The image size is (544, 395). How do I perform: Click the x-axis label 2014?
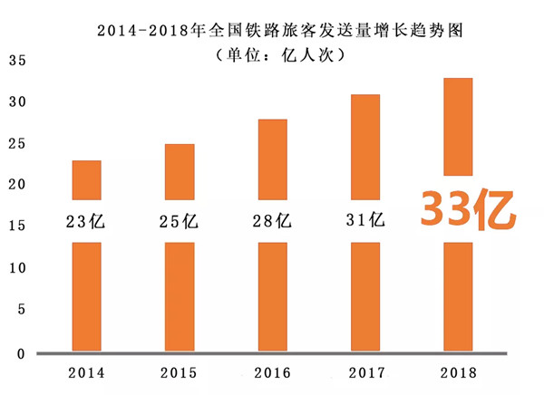87,372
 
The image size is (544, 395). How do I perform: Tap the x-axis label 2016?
273,372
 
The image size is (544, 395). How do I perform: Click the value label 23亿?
88,220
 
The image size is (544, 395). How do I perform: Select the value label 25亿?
180,220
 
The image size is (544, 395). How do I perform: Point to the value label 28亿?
273,220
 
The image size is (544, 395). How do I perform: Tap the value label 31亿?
365,220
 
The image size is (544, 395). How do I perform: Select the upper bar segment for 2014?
87,179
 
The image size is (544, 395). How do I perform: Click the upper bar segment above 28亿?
273,159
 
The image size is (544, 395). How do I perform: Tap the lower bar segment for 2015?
180,296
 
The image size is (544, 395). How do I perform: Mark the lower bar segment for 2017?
365,296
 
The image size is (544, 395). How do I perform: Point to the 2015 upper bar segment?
180,171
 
